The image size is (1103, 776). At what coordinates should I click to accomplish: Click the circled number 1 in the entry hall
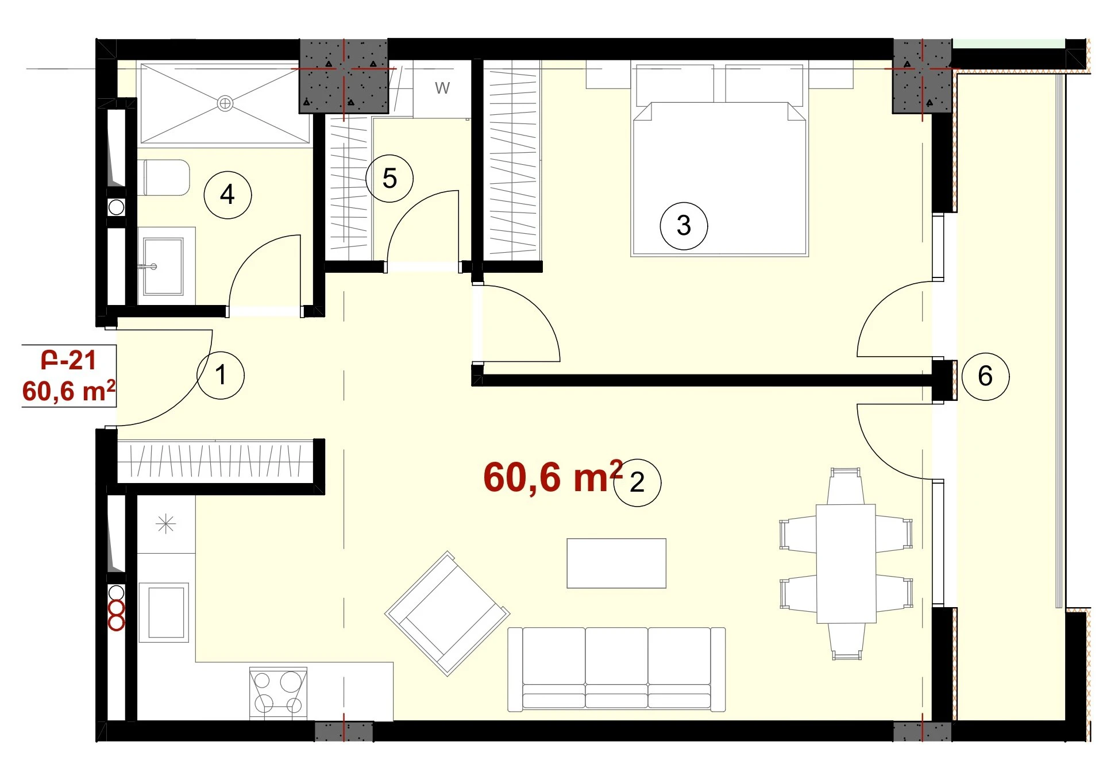point(221,375)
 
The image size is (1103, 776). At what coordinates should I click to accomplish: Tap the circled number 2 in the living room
point(637,482)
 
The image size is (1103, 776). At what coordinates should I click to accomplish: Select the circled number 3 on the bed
point(684,226)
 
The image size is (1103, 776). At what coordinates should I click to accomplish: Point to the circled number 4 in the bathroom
point(227,195)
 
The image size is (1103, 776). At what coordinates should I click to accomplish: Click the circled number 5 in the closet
point(389,179)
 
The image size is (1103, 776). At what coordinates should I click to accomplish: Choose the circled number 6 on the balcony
point(985,376)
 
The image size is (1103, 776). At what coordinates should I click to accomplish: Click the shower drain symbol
point(225,103)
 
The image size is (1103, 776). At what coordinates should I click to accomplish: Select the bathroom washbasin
point(164,267)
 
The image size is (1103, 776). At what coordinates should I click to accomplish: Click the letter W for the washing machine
point(442,88)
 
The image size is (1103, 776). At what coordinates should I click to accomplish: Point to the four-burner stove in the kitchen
point(278,693)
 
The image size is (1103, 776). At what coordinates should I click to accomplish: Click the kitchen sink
point(164,612)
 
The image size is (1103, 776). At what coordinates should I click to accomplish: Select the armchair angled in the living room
point(447,613)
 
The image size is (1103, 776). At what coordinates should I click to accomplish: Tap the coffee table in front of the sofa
point(616,563)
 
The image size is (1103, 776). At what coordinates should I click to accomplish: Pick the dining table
point(846,563)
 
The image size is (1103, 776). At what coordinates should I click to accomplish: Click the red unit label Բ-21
point(68,360)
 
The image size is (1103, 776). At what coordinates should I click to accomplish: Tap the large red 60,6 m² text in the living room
point(553,477)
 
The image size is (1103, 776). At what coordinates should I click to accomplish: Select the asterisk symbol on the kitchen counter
point(165,524)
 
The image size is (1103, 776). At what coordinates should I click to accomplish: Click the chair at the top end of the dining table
point(846,487)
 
